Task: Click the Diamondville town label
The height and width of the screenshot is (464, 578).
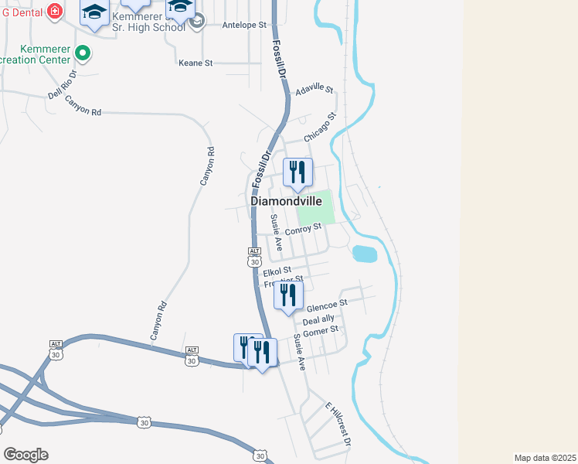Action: point(286,200)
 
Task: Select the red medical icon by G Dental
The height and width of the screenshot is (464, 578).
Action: point(54,10)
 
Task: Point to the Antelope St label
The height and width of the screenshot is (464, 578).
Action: point(243,25)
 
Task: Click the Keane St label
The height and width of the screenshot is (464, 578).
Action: point(195,63)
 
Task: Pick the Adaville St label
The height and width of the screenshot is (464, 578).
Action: point(314,88)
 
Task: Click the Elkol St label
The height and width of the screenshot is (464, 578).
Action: point(276,272)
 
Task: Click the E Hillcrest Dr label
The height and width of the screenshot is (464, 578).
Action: point(338,424)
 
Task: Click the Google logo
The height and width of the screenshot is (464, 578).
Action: point(25,454)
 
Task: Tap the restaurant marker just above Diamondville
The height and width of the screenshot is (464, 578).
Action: point(297,173)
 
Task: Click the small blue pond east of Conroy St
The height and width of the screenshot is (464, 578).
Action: point(363,254)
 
